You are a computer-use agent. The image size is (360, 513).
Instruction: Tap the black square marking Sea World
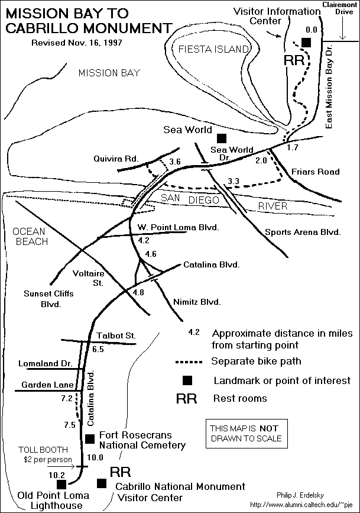222,138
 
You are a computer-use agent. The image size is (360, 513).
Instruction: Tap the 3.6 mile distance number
174,162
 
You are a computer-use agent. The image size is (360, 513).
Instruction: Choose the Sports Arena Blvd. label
303,232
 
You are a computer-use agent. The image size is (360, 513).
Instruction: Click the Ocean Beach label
24,236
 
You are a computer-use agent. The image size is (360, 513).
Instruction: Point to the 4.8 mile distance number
139,292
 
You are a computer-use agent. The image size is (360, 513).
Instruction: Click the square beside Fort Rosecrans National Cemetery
90,438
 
